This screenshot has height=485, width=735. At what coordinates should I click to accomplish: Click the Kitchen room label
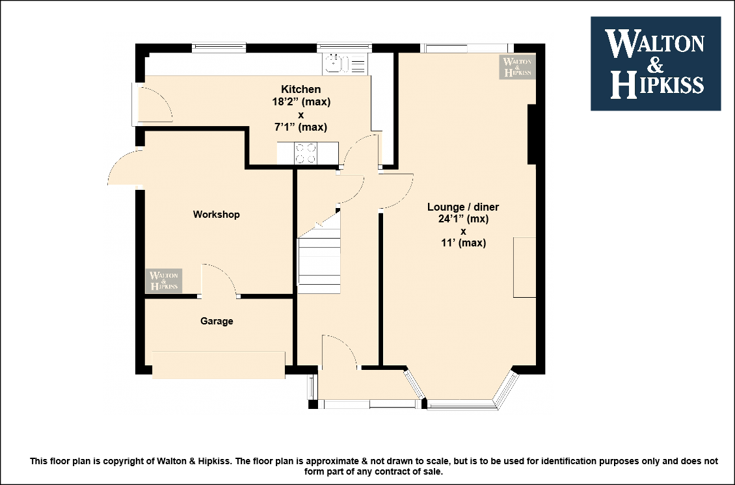coord(301,89)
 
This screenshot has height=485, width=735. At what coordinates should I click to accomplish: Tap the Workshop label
coord(216,214)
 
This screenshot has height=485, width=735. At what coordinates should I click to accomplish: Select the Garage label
coord(217,321)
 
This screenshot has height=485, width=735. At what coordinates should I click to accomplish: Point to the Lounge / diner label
coord(463,207)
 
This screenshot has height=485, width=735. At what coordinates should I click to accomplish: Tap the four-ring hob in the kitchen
coord(306,153)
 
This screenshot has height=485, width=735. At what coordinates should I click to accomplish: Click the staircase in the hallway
coord(319,265)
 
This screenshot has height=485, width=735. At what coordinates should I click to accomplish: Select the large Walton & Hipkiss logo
coord(656,64)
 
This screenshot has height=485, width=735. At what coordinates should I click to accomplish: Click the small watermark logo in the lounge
coord(517,66)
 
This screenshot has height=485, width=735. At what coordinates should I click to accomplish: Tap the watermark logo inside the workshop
coord(164,281)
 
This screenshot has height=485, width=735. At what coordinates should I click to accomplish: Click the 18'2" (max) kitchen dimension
coord(301,101)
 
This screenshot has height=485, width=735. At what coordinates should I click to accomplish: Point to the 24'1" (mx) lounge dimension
coord(463,219)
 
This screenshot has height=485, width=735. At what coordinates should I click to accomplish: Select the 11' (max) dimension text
coord(463,242)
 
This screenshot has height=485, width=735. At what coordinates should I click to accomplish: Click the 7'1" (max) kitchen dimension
coord(301,127)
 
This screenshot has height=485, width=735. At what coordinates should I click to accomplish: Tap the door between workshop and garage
coord(219,280)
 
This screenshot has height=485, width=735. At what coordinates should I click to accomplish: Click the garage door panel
coord(219,365)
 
